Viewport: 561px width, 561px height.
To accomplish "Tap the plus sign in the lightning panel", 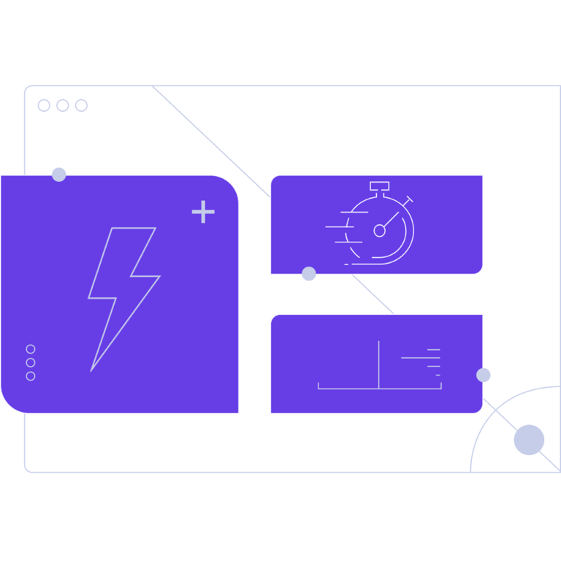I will [x=203, y=212].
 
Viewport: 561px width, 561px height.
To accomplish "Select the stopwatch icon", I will [x=377, y=225].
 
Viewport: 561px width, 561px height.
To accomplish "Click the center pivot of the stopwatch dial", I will [x=379, y=231].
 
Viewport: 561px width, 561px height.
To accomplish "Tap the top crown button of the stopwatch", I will [x=379, y=186].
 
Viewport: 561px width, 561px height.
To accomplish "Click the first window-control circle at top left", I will [x=44, y=106].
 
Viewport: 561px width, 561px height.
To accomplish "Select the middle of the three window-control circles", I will [x=63, y=106].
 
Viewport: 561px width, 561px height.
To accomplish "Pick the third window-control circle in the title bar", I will [x=81, y=106].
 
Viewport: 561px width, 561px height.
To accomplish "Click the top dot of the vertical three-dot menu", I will [x=31, y=349].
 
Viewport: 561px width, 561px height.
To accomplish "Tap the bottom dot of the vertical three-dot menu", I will [x=31, y=376].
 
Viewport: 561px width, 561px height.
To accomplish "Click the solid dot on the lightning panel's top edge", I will [x=59, y=175].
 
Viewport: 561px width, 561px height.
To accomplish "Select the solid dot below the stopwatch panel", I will [x=309, y=274].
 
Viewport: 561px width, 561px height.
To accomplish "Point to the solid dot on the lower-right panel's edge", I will [x=484, y=375].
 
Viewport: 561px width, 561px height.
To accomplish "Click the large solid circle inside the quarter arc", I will [x=529, y=440].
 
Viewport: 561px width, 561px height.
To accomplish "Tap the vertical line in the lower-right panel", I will [x=379, y=364].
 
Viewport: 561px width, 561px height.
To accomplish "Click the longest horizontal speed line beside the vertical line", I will [x=420, y=358].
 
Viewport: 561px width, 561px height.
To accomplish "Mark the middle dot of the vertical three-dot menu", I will [x=31, y=362].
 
